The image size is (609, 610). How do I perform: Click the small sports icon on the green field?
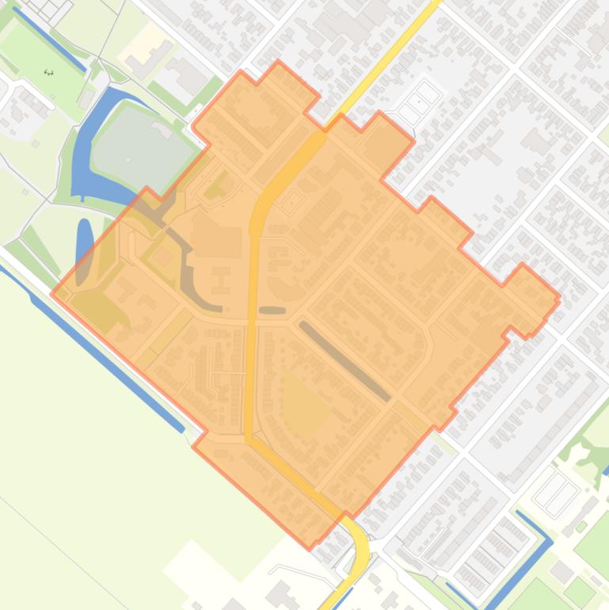(48, 72)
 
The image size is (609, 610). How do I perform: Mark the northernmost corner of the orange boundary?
(278, 63)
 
